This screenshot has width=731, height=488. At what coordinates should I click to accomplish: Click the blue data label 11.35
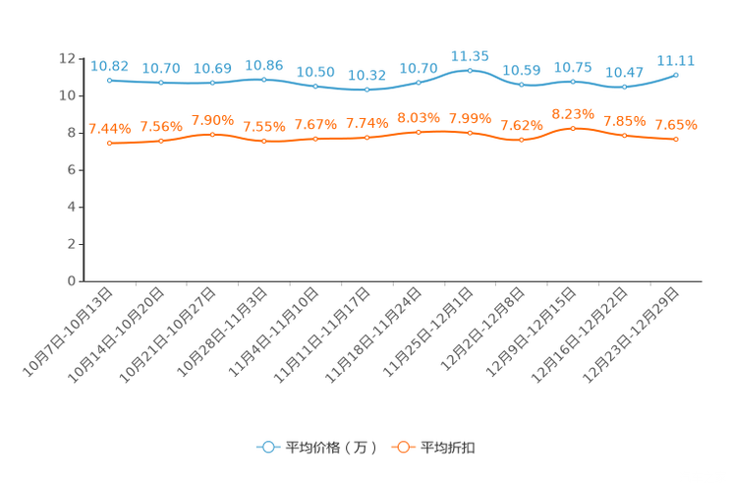click(x=470, y=57)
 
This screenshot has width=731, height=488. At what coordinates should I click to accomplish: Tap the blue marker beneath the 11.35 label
click(x=470, y=71)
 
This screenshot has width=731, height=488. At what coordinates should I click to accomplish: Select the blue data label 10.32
click(x=366, y=76)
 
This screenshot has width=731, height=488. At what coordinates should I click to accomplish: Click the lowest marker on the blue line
click(x=366, y=91)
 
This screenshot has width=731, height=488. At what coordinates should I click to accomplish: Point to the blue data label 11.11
click(x=676, y=61)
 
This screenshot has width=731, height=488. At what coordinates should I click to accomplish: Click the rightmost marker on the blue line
click(x=676, y=75)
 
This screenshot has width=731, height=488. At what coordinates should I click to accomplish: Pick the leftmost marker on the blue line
click(x=109, y=81)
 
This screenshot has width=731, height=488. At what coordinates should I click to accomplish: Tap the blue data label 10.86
click(x=263, y=65)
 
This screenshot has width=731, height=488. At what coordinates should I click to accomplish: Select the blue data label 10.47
click(x=624, y=73)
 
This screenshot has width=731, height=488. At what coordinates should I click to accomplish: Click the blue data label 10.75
click(x=573, y=67)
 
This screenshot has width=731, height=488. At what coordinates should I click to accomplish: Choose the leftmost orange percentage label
click(x=109, y=129)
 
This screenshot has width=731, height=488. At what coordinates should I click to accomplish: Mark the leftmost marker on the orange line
click(x=109, y=144)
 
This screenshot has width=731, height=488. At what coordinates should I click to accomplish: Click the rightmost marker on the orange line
click(x=676, y=140)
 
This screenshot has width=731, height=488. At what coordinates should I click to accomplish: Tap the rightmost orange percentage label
click(x=676, y=126)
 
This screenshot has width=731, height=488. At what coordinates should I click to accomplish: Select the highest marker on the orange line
click(x=573, y=128)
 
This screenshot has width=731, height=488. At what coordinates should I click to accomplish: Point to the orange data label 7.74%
click(x=366, y=124)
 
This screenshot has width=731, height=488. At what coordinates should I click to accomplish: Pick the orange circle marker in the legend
click(x=402, y=448)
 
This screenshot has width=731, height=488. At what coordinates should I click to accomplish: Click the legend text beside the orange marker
click(x=449, y=448)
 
